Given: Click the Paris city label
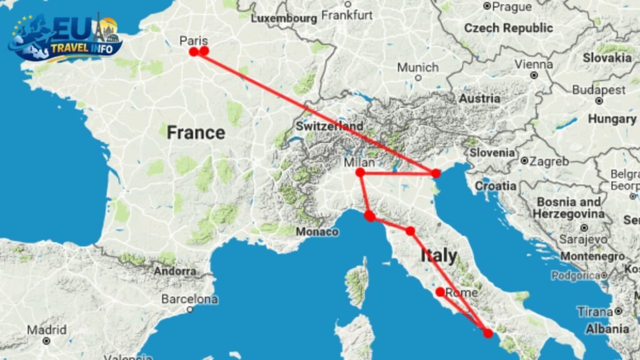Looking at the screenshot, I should point(193,41).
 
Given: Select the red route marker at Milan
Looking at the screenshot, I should point(360,172).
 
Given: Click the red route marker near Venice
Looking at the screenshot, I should point(436,172).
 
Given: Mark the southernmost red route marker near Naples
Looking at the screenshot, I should point(487,333).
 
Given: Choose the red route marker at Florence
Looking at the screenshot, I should point(410,231).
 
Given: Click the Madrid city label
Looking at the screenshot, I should point(46,329).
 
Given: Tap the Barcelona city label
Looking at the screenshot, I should point(190,299).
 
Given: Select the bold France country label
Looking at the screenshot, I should point(196,132).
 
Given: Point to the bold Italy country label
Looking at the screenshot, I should point(439,255).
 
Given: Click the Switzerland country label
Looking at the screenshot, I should point(329,126).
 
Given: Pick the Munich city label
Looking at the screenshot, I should point(418,67).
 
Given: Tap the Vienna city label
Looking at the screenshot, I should point(534,64).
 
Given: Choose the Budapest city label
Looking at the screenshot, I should point(598,90).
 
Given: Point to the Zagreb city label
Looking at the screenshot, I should point(549,161).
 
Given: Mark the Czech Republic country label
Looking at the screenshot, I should point(508,28).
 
